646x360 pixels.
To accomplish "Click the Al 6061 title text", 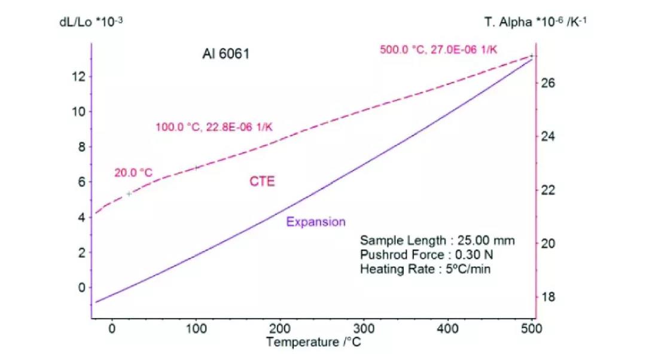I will [226, 54].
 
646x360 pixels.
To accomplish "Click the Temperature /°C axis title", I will [313, 343].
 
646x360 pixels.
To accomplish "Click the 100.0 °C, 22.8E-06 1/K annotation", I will [218, 127].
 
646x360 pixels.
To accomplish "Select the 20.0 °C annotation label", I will [133, 173].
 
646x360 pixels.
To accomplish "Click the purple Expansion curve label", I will [316, 222].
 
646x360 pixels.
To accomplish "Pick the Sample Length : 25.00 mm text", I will [437, 240].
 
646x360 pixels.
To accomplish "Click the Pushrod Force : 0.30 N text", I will [426, 255].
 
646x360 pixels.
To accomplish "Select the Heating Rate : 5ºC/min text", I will [425, 269].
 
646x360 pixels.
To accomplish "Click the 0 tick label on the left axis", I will [82, 288].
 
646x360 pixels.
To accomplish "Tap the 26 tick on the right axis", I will [549, 83].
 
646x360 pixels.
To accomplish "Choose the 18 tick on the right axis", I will [549, 297].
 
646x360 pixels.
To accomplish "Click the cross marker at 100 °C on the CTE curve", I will [196, 167].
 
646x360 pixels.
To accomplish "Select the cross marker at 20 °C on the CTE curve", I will [129, 194].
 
